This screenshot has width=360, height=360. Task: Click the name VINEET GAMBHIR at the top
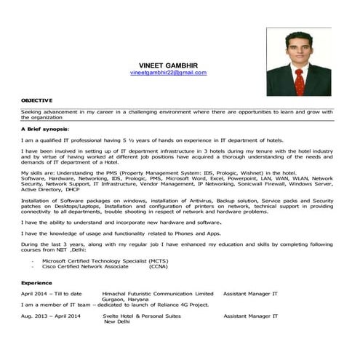(168, 64)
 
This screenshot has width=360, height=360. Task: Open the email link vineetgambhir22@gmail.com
(168, 73)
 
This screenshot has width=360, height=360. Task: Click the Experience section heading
(36, 281)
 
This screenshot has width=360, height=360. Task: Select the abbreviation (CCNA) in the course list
(158, 266)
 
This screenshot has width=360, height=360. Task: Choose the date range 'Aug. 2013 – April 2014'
(51, 316)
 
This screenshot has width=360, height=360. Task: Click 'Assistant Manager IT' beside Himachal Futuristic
(250, 293)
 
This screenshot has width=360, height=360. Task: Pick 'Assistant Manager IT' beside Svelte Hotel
(250, 316)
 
